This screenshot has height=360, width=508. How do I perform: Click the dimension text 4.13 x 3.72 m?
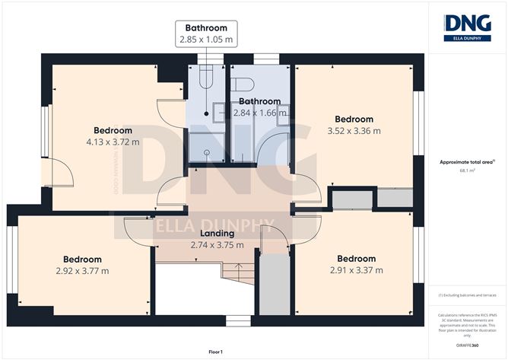[x=113, y=141]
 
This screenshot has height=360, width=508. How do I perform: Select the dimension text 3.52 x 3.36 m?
[x=354, y=131]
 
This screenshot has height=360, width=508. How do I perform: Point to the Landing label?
[x=217, y=233]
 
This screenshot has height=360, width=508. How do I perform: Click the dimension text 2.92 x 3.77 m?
[x=82, y=270]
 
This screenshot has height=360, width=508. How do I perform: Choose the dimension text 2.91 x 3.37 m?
[x=355, y=269]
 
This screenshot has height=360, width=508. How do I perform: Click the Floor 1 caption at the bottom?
[x=218, y=352]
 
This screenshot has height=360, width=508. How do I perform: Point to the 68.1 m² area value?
[x=467, y=170]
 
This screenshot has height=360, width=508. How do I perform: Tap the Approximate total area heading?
[x=467, y=161]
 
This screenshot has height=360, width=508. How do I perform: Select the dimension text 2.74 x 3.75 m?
[x=217, y=244]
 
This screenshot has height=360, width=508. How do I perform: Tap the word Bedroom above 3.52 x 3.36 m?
[x=354, y=119]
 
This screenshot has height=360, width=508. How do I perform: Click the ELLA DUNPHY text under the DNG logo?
[x=468, y=37]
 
